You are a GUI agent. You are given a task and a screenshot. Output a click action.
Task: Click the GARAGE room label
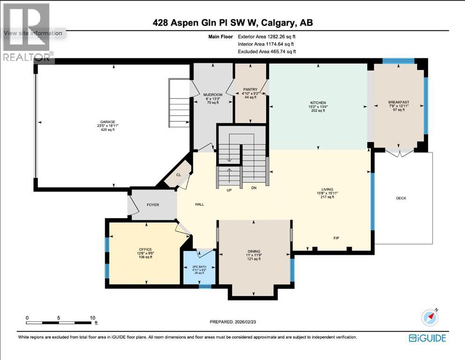point(107,122)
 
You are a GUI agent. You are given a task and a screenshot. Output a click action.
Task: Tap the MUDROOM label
point(213,95)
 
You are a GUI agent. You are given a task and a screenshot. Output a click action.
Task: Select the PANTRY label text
point(250,89)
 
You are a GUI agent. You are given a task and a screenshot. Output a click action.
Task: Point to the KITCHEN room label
point(318,103)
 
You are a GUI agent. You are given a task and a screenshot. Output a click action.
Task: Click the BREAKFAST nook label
point(398,102)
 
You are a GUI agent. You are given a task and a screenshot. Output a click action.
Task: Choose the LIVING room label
point(327,189)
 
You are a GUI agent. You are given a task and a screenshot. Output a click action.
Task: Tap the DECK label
point(401,198)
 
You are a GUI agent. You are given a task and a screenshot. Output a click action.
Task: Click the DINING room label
point(254,251)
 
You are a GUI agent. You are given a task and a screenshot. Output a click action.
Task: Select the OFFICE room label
point(145,249)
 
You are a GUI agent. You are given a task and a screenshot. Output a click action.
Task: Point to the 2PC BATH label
point(199,267)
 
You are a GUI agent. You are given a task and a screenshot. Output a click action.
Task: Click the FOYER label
point(153,205)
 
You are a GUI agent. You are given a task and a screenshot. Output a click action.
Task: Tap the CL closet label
point(179,175)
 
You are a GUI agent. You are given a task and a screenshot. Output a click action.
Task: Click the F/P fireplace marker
point(336,238)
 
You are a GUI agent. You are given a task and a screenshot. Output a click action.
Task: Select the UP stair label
point(229,190)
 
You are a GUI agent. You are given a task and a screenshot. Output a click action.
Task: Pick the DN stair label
point(254,187)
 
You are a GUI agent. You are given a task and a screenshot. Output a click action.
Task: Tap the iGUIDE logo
point(427,338)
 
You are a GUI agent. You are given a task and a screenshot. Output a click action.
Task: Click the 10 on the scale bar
point(92,318)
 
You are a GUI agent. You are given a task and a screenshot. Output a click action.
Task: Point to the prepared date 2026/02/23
point(245,322)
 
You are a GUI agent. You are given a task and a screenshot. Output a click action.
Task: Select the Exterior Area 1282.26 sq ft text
point(267,37)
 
